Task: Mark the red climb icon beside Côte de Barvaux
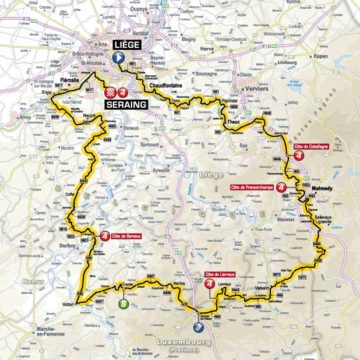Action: [x=106, y=236]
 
